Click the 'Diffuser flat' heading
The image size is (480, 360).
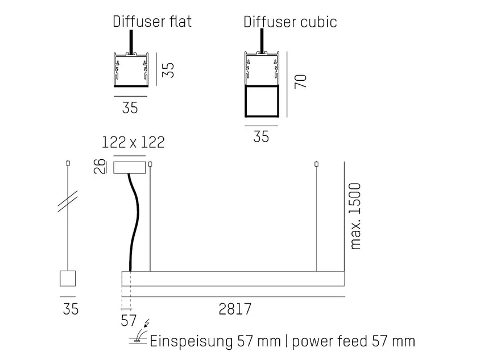[x=152, y=22]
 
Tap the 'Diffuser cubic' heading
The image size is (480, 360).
[x=290, y=22]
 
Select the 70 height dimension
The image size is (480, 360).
[x=301, y=81]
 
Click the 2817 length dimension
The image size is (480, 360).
[x=235, y=309]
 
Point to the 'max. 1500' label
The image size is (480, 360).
[x=355, y=216]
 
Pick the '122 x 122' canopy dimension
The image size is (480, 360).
[x=133, y=142]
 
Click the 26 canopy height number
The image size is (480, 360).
[x=100, y=167]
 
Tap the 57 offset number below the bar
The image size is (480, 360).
[x=129, y=321]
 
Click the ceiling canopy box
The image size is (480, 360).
[x=130, y=168]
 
